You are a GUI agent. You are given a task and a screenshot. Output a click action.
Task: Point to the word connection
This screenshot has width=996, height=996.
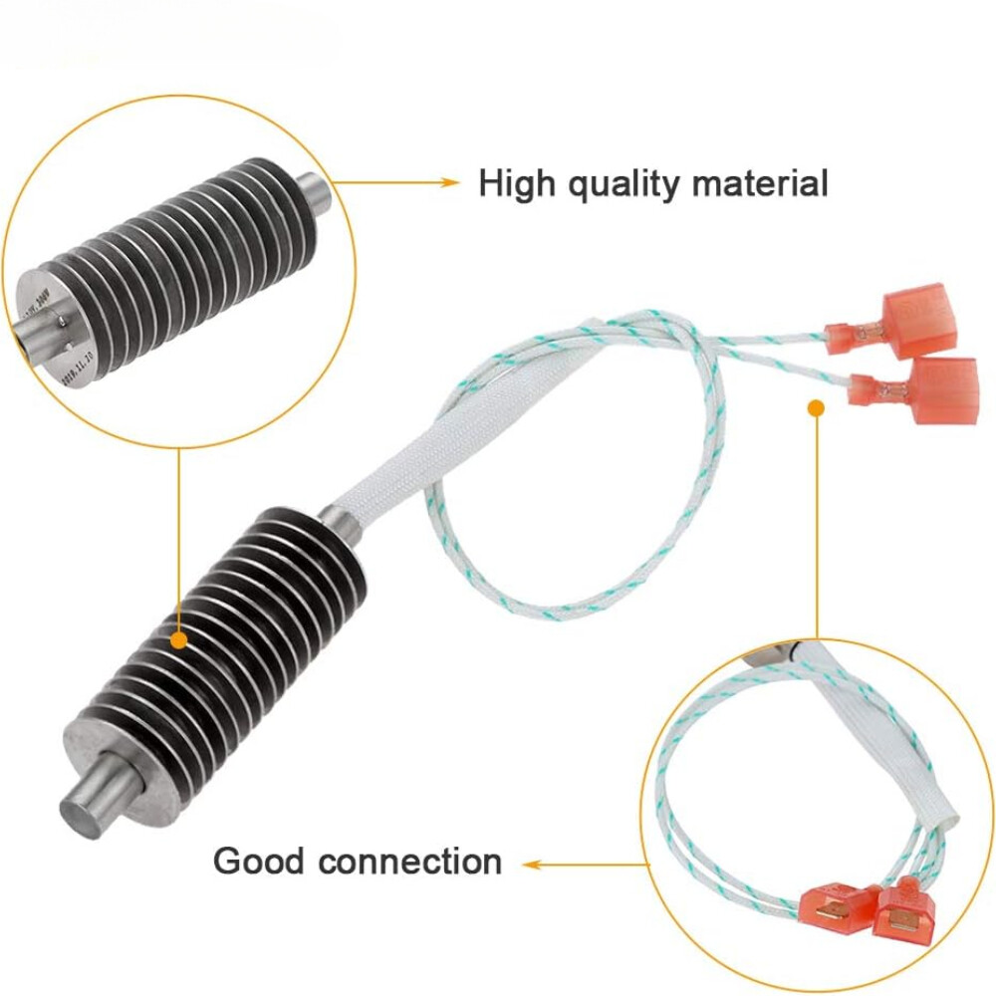[x=410, y=861]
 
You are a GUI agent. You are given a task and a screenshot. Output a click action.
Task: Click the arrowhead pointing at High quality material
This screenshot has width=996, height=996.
[x=451, y=182]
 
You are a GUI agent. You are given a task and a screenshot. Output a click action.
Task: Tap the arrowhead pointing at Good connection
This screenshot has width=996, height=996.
[x=531, y=865]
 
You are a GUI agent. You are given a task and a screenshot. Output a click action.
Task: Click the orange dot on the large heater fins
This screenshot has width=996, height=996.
[x=178, y=637]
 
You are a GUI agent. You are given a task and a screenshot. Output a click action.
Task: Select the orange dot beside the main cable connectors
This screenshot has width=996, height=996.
[x=816, y=406]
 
